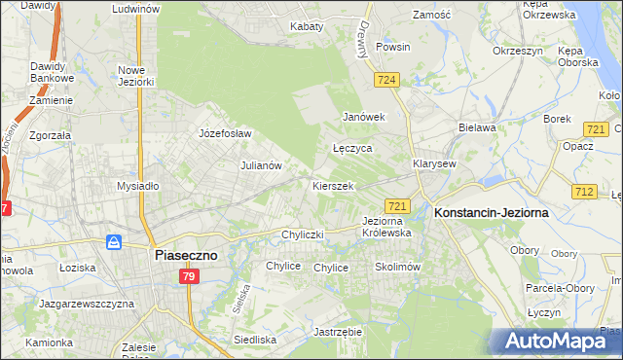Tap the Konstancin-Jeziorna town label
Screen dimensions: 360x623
click(x=492, y=211)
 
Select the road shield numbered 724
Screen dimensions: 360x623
click(x=386, y=79)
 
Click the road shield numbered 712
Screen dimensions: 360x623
click(x=584, y=192)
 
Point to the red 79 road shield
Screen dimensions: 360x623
click(x=190, y=277)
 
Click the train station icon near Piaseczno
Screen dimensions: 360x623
click(x=114, y=241)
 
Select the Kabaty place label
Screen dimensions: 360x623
click(x=306, y=26)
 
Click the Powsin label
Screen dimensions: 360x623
click(x=392, y=47)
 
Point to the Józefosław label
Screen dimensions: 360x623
click(x=225, y=133)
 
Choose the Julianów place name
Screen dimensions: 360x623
click(x=261, y=165)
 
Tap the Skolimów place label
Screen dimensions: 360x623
click(x=396, y=266)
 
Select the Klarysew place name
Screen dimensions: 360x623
click(x=434, y=163)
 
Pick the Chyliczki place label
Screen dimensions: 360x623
click(x=302, y=234)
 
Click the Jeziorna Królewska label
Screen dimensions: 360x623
click(x=386, y=227)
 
